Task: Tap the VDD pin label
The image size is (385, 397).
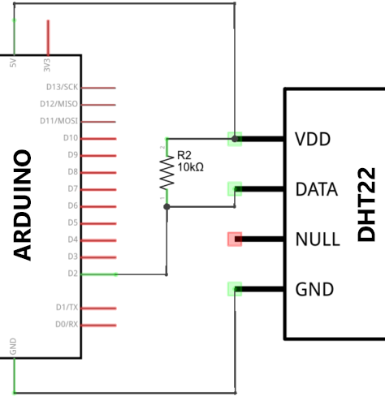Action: click(313, 140)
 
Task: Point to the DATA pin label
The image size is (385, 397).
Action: click(317, 190)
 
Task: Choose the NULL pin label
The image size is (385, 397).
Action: click(316, 239)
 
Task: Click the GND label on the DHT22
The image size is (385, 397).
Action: click(314, 289)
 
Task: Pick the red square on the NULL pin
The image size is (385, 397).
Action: click(235, 239)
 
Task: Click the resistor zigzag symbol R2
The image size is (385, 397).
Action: click(167, 172)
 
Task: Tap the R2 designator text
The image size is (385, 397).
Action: click(184, 154)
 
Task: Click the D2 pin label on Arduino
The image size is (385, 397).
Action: click(72, 274)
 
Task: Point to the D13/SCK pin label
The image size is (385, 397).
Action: click(61, 87)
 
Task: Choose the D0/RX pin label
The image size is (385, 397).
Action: click(66, 325)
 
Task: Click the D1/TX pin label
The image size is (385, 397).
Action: click(66, 308)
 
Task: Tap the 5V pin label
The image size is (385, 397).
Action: click(12, 63)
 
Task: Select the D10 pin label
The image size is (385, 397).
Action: click(71, 138)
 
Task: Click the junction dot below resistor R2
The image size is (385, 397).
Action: click(167, 207)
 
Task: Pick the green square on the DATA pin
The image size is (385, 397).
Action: click(235, 189)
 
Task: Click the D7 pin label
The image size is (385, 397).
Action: click(72, 188)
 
